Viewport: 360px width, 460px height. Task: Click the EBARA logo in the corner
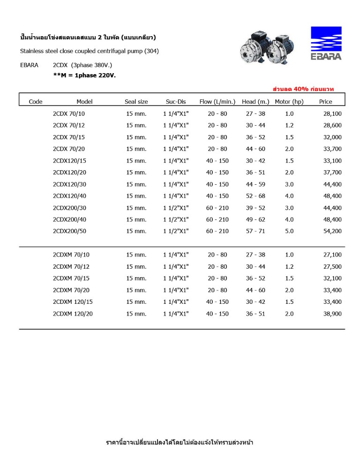click(326, 43)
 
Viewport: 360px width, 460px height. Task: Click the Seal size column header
click(136, 101)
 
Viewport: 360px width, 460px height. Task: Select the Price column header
click(325, 101)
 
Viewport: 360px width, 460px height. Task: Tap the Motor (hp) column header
click(289, 101)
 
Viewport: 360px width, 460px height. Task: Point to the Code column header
click(36, 101)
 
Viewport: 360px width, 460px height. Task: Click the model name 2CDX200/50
click(70, 231)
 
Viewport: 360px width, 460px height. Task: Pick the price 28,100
click(332, 114)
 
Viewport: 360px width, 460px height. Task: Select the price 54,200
click(332, 231)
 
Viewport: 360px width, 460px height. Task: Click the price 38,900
click(332, 314)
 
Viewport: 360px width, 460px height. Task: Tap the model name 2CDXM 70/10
click(71, 255)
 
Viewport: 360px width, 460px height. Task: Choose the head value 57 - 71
click(255, 231)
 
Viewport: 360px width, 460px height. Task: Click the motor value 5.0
click(289, 231)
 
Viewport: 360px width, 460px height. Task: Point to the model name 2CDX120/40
click(70, 196)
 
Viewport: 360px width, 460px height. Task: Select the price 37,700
click(332, 173)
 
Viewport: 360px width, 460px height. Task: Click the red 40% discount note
click(303, 89)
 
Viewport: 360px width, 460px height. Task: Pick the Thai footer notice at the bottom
click(180, 442)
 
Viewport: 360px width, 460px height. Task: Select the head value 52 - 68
click(255, 196)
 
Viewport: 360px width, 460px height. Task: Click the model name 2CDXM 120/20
click(73, 314)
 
